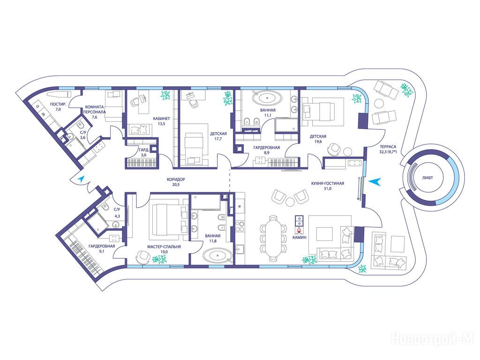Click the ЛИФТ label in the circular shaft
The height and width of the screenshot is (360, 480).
point(427,178)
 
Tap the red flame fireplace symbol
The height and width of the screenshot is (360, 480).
point(299,230)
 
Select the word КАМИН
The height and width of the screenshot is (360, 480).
point(299,237)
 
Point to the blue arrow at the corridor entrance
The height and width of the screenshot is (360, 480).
point(81,179)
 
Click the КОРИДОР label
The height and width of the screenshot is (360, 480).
point(176,180)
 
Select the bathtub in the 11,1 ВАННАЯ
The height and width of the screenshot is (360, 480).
point(267,98)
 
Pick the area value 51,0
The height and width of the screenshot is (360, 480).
point(328,188)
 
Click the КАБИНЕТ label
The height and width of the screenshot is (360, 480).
point(162,119)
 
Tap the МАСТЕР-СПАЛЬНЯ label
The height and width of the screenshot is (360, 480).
point(164,247)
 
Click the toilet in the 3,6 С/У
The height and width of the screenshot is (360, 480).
point(81,125)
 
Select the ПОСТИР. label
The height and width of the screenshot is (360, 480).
point(58,105)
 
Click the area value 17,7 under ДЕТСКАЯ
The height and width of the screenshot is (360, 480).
point(218,139)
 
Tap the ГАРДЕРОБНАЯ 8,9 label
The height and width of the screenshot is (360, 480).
point(267,150)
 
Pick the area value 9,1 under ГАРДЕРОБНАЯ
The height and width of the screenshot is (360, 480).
point(102,251)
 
